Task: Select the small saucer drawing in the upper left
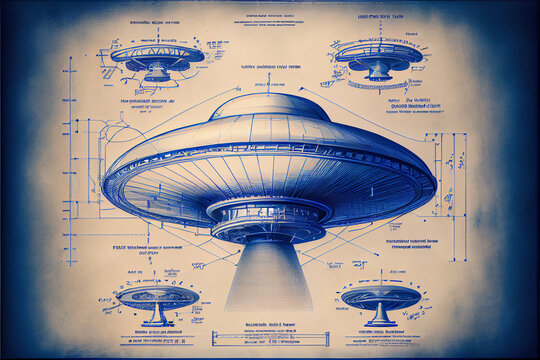[x=157, y=58]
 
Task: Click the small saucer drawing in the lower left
[x=156, y=297]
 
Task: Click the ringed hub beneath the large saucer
[x=267, y=219]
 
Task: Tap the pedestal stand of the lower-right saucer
[x=380, y=316]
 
